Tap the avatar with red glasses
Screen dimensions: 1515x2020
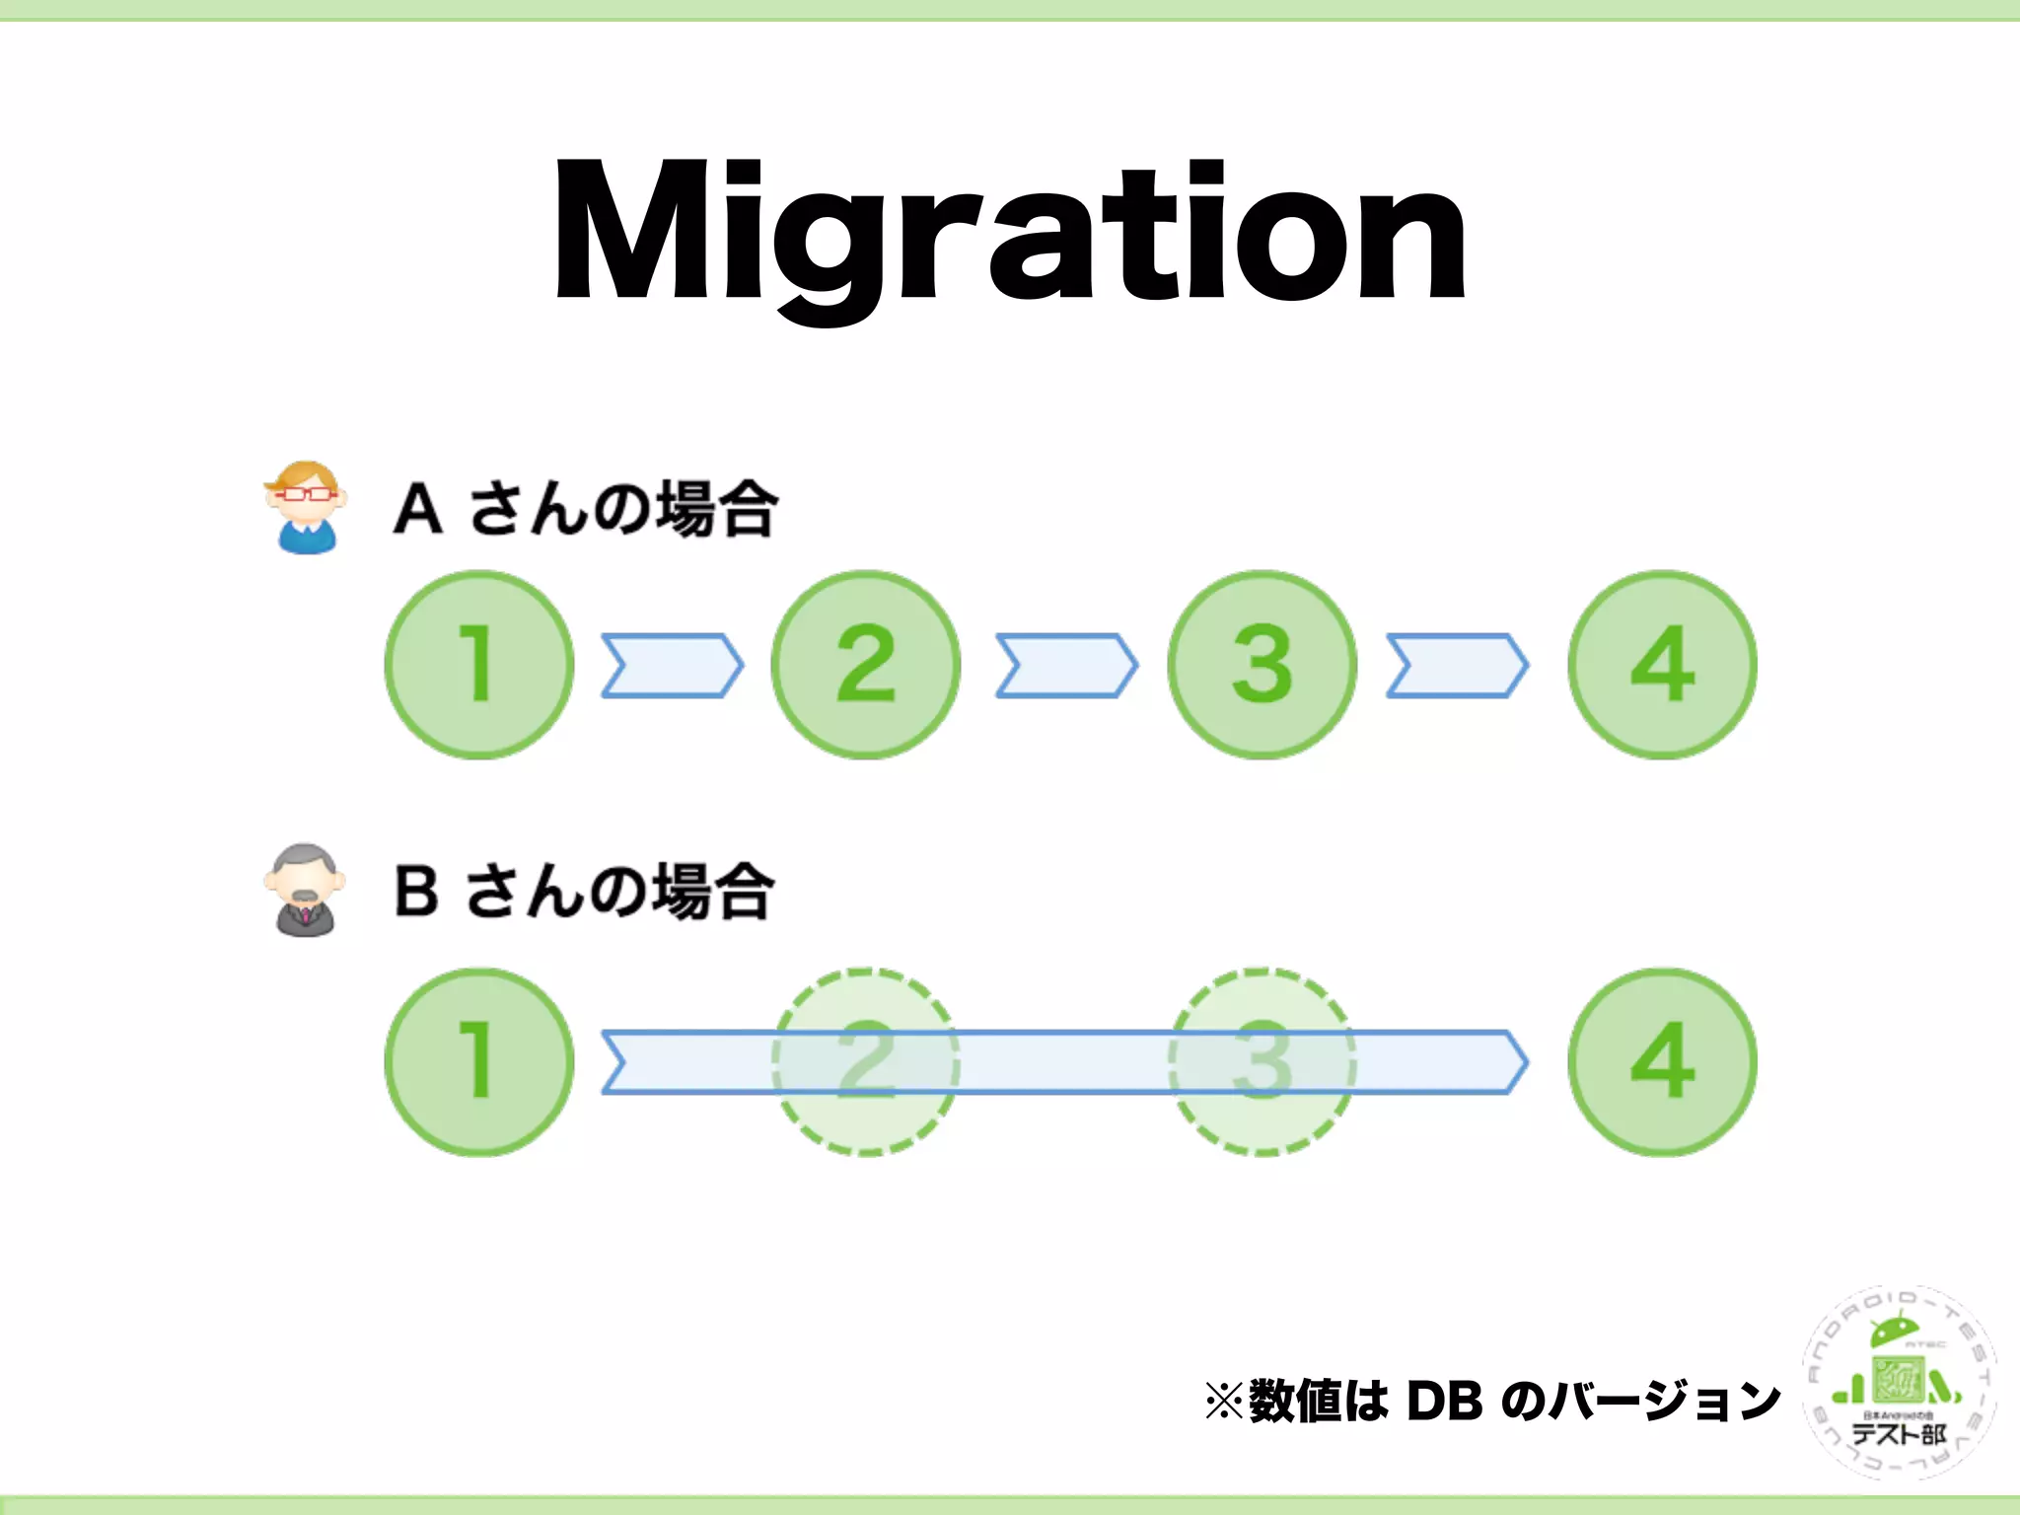306,507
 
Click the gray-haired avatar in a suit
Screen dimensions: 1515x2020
306,890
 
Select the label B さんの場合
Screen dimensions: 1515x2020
584,891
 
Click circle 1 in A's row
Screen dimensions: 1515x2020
479,665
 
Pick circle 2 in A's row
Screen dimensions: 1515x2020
866,665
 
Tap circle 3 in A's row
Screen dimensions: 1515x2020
1262,665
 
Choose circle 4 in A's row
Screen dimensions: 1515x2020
1663,665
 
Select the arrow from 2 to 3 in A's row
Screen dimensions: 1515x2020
1066,666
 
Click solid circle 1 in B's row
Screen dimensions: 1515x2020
479,1061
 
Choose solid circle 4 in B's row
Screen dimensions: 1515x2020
1663,1061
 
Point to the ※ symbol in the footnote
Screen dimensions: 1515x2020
1224,1401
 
